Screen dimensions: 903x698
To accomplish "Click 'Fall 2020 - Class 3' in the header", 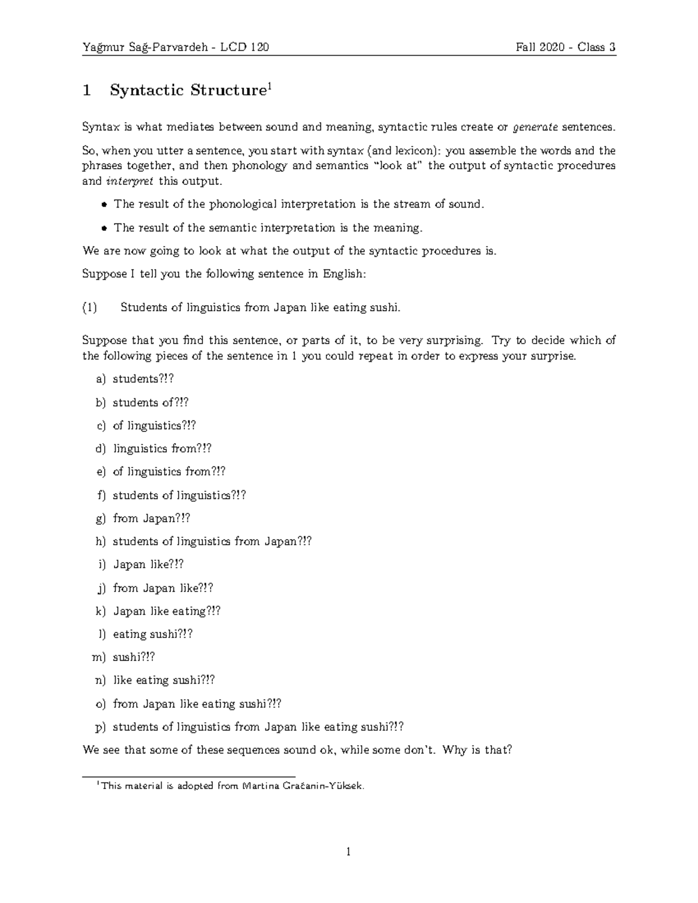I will (565, 47).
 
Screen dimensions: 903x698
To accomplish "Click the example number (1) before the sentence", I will (90, 308).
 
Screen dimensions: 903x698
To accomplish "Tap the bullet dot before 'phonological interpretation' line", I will (104, 205).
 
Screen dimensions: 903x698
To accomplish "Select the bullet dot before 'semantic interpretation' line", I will (104, 228).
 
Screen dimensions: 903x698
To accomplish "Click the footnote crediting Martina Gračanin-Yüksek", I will (233, 786).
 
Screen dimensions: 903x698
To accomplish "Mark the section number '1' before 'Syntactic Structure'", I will (87, 90).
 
